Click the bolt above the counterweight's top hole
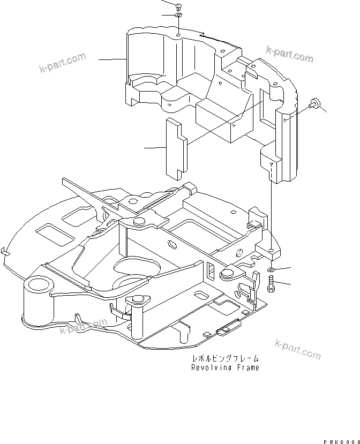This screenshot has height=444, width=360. pos(178,6)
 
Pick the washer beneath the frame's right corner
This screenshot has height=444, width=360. pos(272,268)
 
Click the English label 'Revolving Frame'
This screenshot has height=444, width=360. pos(225,368)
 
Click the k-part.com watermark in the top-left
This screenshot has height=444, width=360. pos(62,63)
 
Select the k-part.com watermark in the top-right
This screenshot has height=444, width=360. pos(289,54)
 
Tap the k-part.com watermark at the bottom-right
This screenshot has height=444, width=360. pos(297,349)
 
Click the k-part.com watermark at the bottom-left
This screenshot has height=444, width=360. pos(83,327)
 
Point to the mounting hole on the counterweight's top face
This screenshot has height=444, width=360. pos(178,37)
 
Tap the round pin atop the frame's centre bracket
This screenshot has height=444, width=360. pos(140,222)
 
